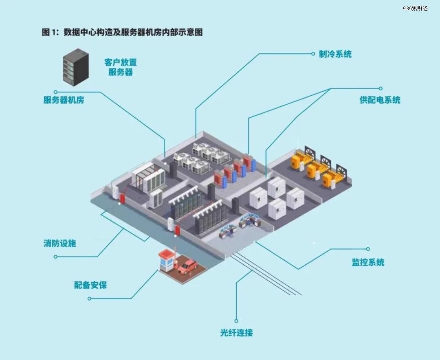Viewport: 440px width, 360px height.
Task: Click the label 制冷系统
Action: [335, 54]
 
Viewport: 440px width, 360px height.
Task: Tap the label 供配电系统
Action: [380, 100]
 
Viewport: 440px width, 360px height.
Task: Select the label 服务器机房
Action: [64, 100]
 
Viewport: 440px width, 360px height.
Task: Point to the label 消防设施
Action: [60, 244]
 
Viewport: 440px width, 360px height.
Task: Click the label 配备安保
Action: [90, 285]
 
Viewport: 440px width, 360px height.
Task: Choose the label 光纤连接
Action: [236, 333]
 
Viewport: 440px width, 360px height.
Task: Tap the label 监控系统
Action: [368, 262]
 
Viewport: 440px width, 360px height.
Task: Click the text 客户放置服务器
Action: [121, 68]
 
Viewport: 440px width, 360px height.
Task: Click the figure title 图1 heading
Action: [122, 33]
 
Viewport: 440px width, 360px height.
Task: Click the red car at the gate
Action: [187, 266]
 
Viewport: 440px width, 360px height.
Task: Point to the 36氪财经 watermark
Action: [415, 8]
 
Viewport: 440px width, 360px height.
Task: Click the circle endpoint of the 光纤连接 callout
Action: [236, 321]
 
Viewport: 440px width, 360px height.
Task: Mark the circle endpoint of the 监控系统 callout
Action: [368, 249]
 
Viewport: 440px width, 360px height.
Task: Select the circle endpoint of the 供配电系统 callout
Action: [381, 88]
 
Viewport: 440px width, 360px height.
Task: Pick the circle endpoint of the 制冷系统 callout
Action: [312, 53]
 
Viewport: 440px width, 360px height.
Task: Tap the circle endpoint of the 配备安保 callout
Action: [90, 299]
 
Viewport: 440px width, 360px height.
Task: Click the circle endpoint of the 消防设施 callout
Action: [56, 257]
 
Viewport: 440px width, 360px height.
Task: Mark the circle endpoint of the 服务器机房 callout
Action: [56, 92]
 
